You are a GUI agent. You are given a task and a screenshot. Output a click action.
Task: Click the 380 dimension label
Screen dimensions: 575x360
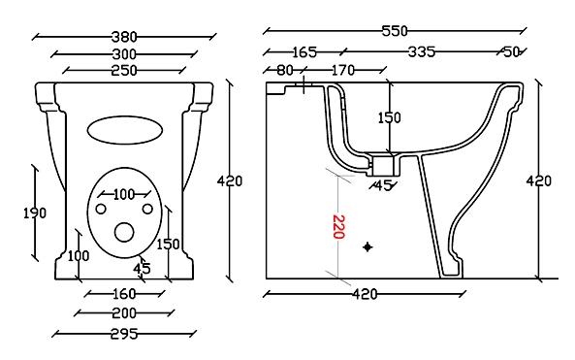point(124,37)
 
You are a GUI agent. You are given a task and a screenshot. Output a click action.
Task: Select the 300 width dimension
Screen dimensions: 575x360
point(124,54)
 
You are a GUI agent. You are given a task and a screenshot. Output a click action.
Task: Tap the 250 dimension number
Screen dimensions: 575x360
point(124,70)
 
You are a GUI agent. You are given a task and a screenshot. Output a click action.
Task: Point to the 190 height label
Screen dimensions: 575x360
point(35,213)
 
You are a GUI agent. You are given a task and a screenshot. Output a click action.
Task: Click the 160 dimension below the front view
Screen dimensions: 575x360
point(125,294)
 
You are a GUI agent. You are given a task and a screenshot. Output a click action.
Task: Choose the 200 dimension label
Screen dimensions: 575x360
point(124,313)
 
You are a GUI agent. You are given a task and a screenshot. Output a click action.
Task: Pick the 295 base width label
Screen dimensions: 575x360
point(124,334)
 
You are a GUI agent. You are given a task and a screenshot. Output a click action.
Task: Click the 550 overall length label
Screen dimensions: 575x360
point(395,31)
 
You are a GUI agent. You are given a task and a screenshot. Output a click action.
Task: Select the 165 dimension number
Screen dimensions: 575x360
point(304,52)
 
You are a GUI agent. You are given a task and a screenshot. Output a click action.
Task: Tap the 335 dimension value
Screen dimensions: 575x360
point(422,51)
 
